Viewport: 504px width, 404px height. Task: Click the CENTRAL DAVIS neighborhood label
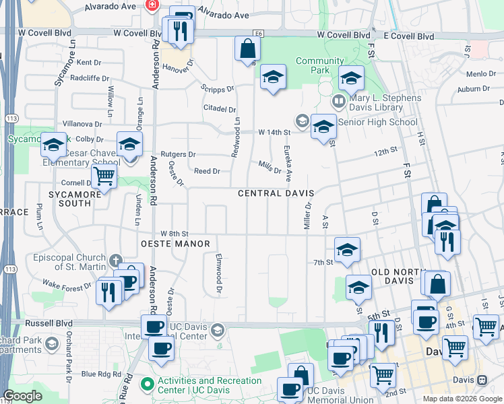[x=276, y=193]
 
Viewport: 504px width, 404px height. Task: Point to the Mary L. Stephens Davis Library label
[x=385, y=103]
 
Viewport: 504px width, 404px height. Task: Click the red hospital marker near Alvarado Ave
[x=153, y=5]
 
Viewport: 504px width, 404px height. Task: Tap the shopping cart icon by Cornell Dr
[x=104, y=177]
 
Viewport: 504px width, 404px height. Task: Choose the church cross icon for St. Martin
[x=116, y=259]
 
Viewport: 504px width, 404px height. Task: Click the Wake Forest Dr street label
[x=67, y=285]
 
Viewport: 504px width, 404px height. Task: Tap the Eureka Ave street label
[x=288, y=164]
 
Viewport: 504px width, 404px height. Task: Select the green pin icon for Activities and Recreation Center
[x=147, y=384]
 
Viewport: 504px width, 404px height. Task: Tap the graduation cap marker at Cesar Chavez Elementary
[x=129, y=145]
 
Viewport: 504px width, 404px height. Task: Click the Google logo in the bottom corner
[x=23, y=396]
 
